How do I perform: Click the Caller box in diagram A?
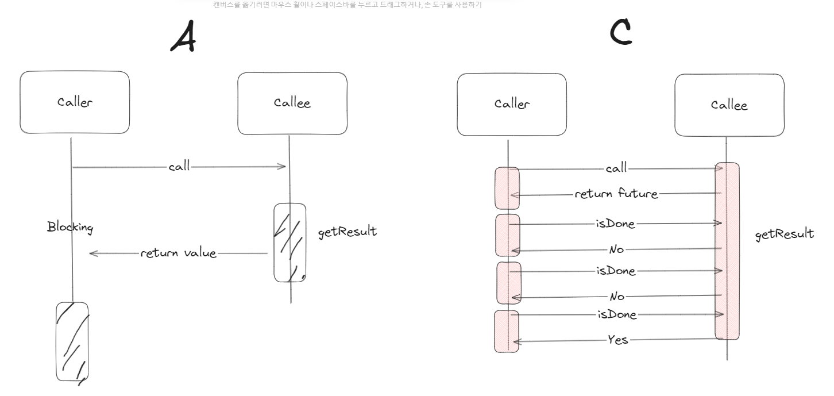tap(75, 102)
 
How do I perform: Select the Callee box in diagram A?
tap(292, 103)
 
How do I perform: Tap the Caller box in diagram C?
tap(512, 104)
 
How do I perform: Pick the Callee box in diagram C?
tap(729, 105)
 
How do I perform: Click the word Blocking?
tap(70, 228)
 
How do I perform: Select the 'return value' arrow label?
tap(179, 253)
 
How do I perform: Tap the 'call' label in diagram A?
tap(179, 167)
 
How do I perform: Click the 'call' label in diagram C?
tap(616, 169)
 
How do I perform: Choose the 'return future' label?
tap(616, 194)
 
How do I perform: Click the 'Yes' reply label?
tap(618, 340)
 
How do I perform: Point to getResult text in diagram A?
tap(347, 232)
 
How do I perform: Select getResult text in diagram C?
tap(785, 233)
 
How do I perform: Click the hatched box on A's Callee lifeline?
tap(289, 243)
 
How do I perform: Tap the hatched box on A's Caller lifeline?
tap(72, 340)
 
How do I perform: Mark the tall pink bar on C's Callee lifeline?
tap(727, 251)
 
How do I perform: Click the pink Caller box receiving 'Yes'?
tap(507, 331)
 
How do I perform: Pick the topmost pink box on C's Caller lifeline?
tap(507, 188)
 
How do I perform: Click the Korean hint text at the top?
tap(347, 5)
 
